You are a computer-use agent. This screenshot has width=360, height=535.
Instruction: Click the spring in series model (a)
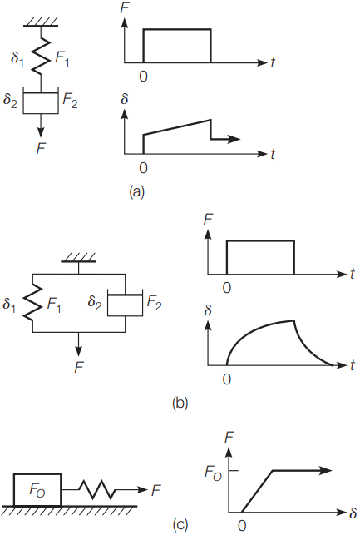(41, 57)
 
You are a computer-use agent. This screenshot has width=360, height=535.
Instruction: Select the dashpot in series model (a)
(41, 101)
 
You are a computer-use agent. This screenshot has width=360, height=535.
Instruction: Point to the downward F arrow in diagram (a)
(41, 126)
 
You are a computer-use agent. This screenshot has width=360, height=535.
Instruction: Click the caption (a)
(137, 191)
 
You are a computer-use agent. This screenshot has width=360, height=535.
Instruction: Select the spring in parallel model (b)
(32, 302)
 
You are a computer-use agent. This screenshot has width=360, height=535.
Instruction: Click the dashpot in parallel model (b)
(125, 303)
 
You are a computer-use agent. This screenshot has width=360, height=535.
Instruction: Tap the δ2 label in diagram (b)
(95, 302)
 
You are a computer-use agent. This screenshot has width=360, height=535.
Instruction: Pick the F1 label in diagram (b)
(54, 304)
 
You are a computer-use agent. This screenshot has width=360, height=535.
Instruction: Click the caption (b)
(180, 403)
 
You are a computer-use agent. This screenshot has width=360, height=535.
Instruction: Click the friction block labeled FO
(38, 489)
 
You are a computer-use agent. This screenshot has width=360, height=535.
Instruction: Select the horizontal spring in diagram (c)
(97, 490)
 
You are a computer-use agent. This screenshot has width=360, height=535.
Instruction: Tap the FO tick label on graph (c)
(213, 473)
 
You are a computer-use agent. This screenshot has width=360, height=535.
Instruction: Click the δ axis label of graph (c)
(353, 513)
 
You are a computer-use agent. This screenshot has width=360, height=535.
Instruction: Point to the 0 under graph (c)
(242, 526)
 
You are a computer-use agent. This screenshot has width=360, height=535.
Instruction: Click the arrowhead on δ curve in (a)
(234, 139)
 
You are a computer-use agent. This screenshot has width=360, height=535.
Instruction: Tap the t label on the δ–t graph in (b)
(353, 364)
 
